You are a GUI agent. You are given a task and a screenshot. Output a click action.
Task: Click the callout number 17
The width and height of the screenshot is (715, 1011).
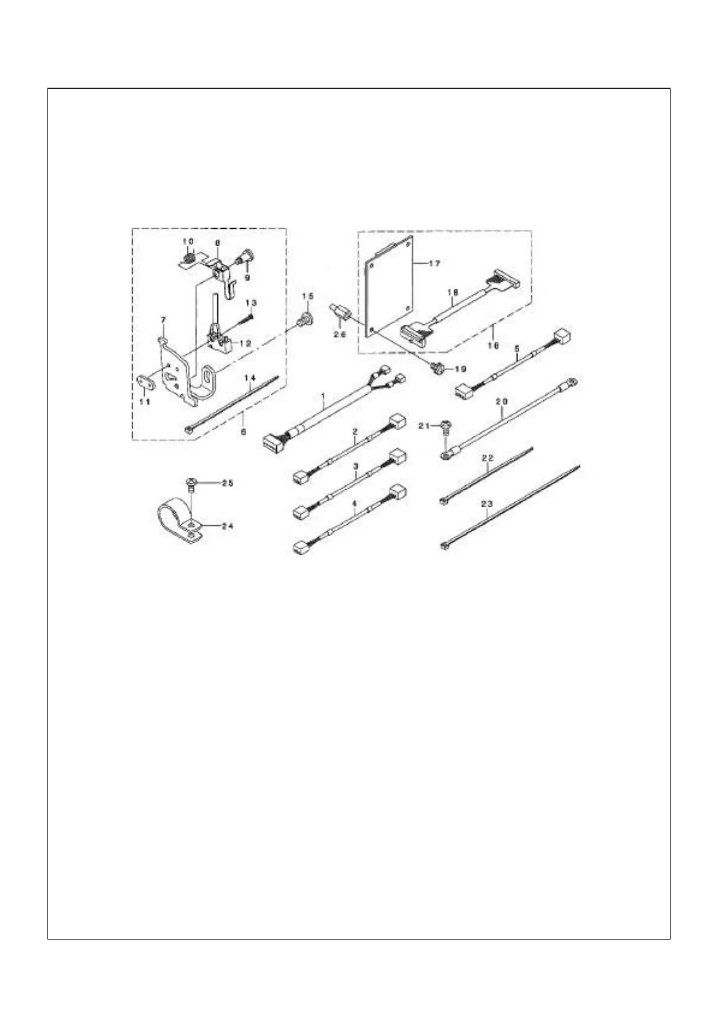[435, 263]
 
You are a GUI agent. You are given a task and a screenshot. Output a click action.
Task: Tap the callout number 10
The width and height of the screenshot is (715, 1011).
[189, 241]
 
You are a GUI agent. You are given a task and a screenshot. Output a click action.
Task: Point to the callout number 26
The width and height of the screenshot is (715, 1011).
[340, 334]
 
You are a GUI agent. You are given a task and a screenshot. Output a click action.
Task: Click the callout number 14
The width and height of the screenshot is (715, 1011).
[250, 378]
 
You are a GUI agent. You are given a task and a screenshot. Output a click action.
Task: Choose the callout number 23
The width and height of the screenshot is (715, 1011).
[487, 504]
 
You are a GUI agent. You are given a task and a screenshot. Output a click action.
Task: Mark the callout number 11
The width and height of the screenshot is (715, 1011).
[144, 402]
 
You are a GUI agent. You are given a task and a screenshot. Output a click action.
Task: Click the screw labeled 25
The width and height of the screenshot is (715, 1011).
[190, 483]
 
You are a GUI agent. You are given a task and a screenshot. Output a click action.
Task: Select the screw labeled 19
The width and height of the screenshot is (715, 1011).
[436, 367]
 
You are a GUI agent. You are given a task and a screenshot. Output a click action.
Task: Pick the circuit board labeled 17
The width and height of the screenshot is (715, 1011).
[390, 282]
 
